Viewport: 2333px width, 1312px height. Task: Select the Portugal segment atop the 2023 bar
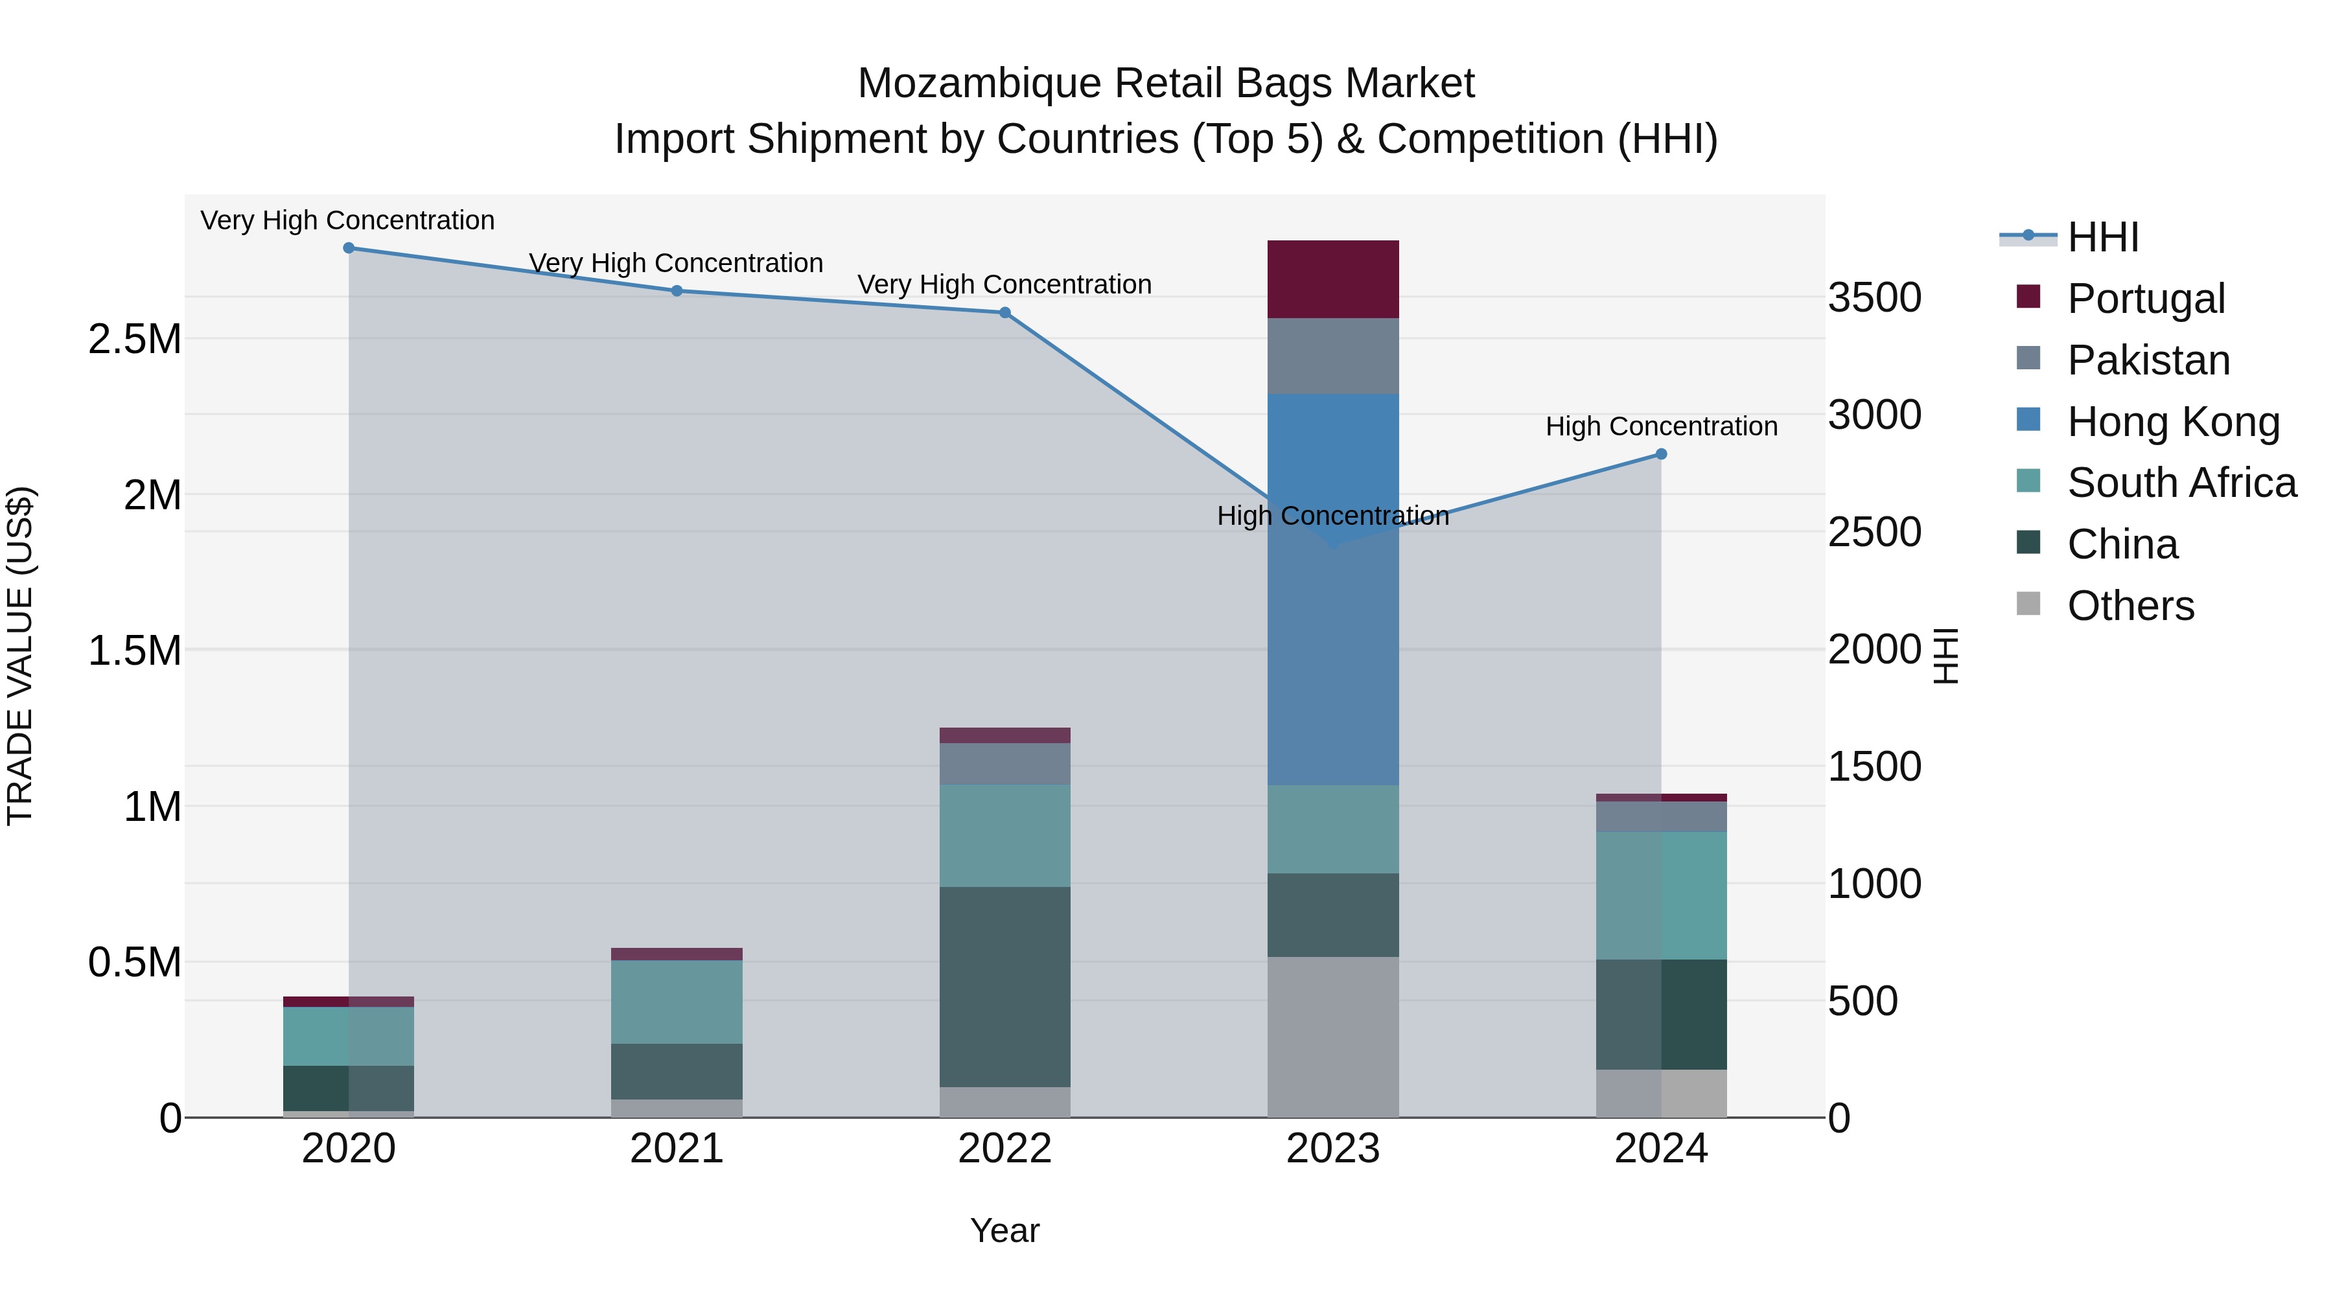pyautogui.click(x=1332, y=279)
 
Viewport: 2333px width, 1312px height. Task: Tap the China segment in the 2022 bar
pyautogui.click(x=1004, y=987)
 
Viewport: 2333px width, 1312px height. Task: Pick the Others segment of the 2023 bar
pyautogui.click(x=1332, y=1037)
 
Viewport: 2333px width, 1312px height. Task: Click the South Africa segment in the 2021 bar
pyautogui.click(x=677, y=1002)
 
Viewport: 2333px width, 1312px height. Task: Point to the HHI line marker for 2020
pyautogui.click(x=349, y=248)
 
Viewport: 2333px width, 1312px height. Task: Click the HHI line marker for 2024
pyautogui.click(x=1661, y=454)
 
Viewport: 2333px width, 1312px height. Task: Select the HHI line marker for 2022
pyautogui.click(x=1004, y=312)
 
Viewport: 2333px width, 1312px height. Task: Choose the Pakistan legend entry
pyautogui.click(x=2148, y=360)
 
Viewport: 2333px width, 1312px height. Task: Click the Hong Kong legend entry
pyautogui.click(x=2172, y=421)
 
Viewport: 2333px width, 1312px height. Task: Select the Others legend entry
pyautogui.click(x=2130, y=605)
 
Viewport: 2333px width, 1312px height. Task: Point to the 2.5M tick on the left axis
pyautogui.click(x=135, y=340)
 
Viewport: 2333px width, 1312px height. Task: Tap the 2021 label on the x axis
pyautogui.click(x=677, y=1149)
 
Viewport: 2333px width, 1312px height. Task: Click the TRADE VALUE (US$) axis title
pyautogui.click(x=20, y=656)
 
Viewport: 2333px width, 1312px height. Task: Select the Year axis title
pyautogui.click(x=1004, y=1230)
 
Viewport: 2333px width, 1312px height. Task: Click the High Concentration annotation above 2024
pyautogui.click(x=1661, y=426)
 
